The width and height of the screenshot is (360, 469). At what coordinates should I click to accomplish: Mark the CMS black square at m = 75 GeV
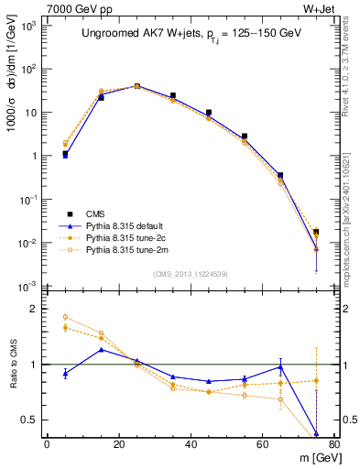click(x=316, y=232)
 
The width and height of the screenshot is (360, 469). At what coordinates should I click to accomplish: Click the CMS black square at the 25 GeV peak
click(x=136, y=86)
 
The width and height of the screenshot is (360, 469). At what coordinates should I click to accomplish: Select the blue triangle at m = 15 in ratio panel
click(x=101, y=349)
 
